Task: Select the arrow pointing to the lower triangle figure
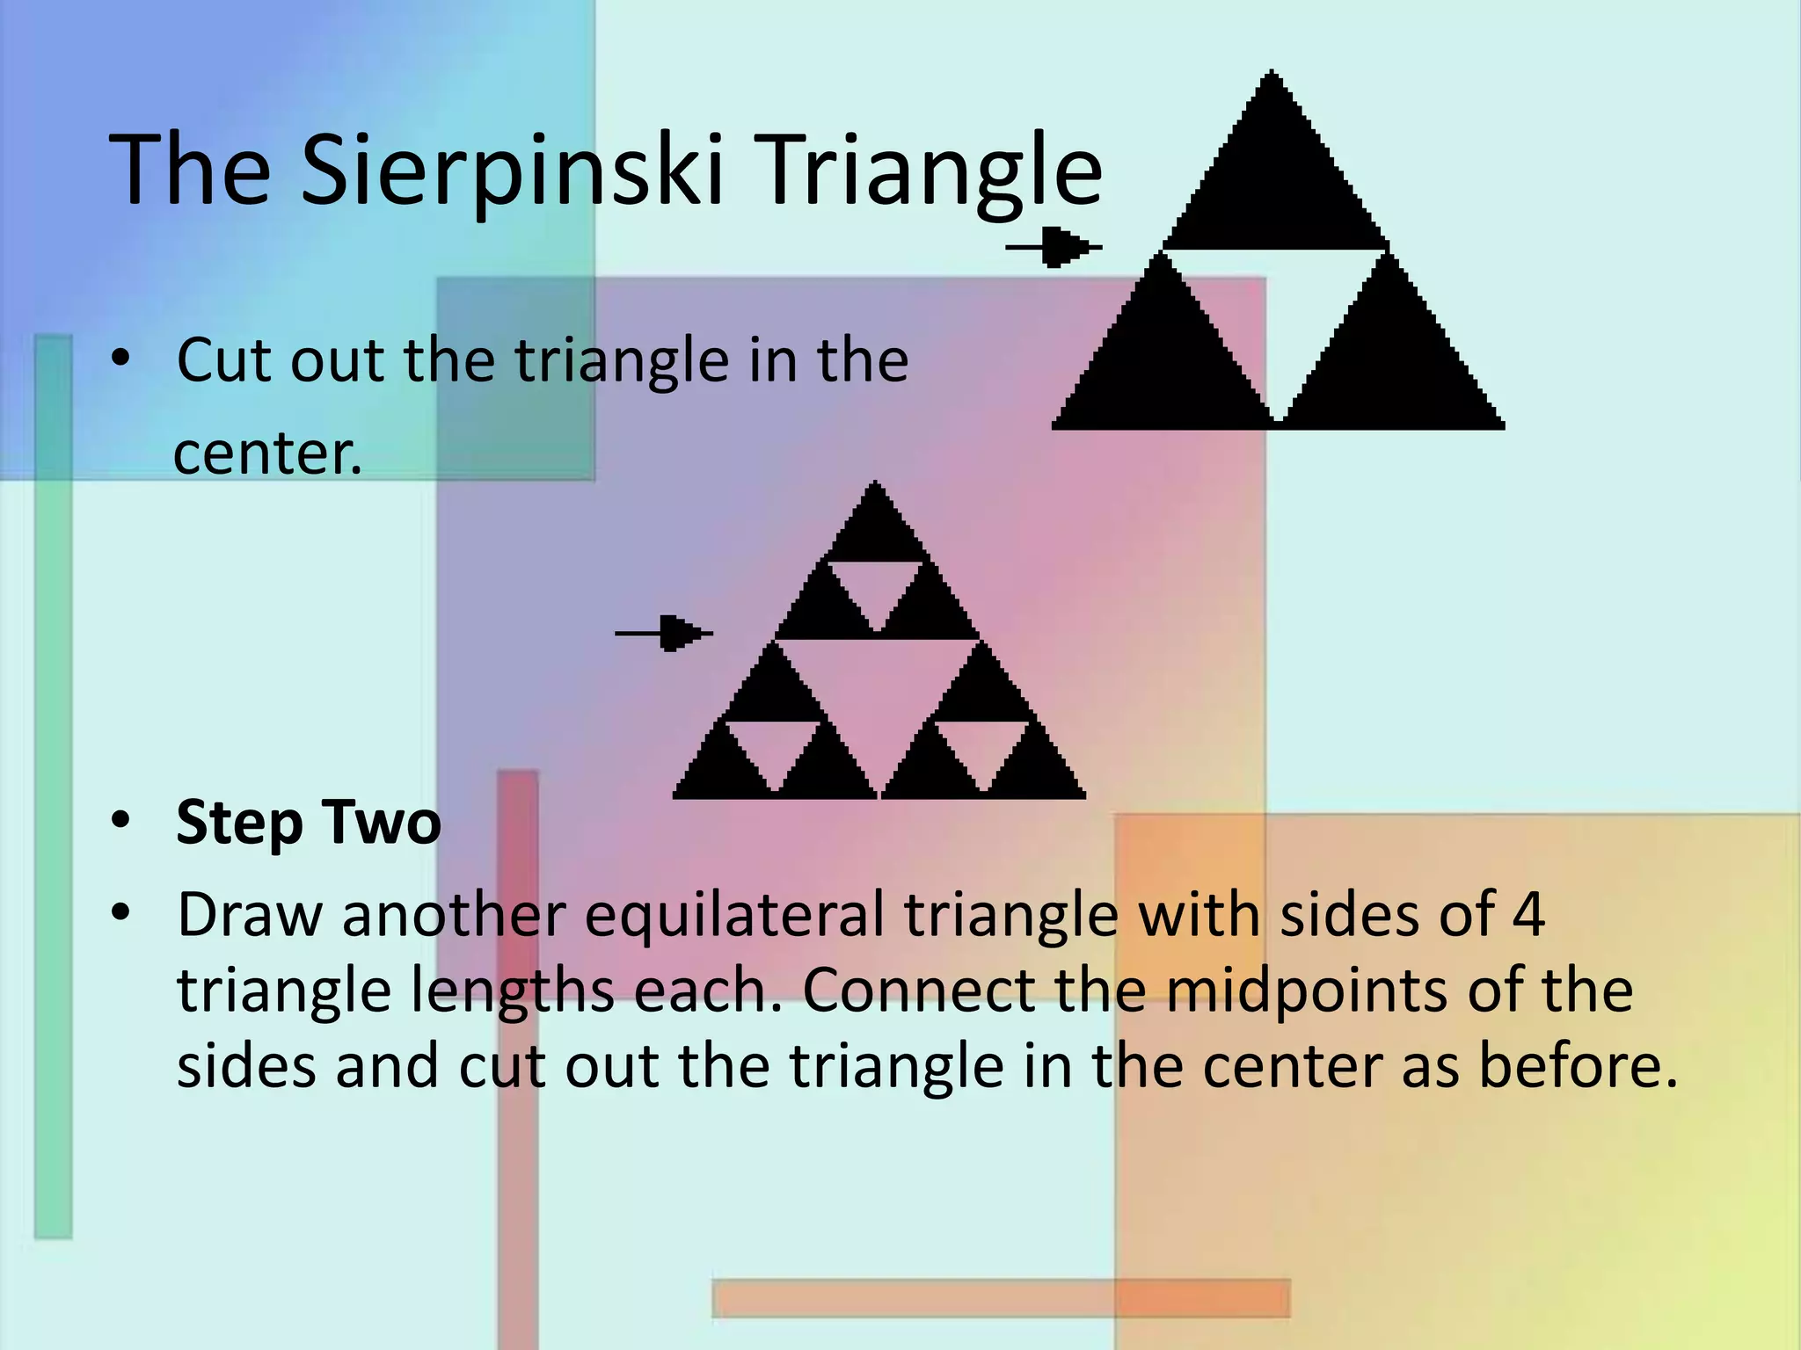[664, 633]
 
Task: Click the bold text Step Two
[308, 823]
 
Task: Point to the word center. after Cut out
[267, 454]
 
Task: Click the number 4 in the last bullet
[1528, 914]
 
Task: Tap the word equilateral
[734, 914]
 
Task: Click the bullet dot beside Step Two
[120, 821]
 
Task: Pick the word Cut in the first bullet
[227, 360]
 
